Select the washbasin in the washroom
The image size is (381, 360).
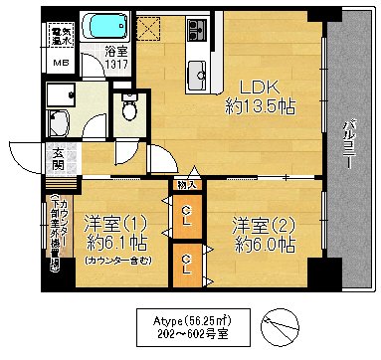tap(58, 125)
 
